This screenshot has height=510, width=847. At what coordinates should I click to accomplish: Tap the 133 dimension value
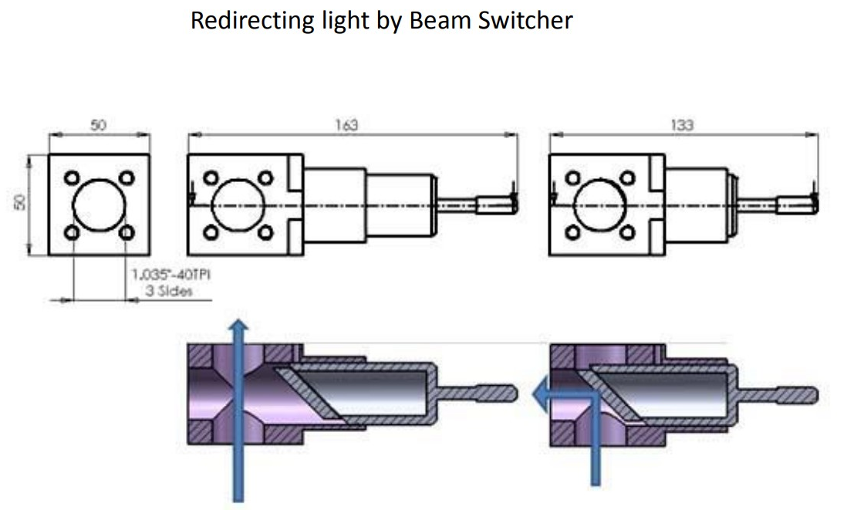click(x=682, y=125)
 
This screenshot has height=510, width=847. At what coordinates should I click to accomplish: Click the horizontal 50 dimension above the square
click(x=99, y=126)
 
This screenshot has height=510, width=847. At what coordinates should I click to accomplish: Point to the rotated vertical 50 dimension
click(x=21, y=202)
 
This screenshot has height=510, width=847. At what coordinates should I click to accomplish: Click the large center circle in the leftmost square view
click(x=100, y=205)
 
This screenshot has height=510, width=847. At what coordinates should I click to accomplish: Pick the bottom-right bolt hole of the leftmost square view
click(x=127, y=232)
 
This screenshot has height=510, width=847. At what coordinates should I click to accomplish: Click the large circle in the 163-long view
click(x=237, y=205)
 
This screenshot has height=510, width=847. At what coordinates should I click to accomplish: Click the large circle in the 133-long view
click(x=601, y=205)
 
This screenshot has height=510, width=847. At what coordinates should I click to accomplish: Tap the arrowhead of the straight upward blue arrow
click(x=239, y=326)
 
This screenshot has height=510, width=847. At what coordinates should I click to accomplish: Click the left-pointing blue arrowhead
click(x=539, y=396)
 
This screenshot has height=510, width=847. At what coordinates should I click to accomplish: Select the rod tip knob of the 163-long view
click(x=494, y=205)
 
